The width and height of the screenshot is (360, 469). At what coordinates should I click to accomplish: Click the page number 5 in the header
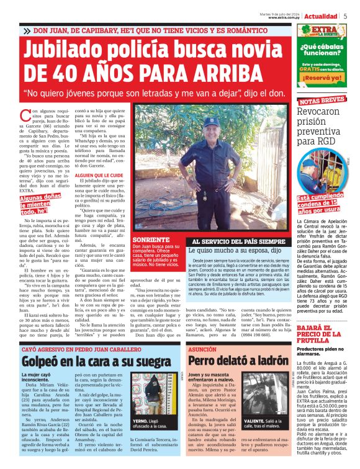(345, 16)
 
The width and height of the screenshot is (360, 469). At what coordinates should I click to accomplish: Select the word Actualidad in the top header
(320, 16)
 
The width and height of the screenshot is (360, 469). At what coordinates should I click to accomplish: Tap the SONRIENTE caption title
(148, 239)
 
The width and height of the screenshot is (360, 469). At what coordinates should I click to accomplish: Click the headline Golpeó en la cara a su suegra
(88, 360)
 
